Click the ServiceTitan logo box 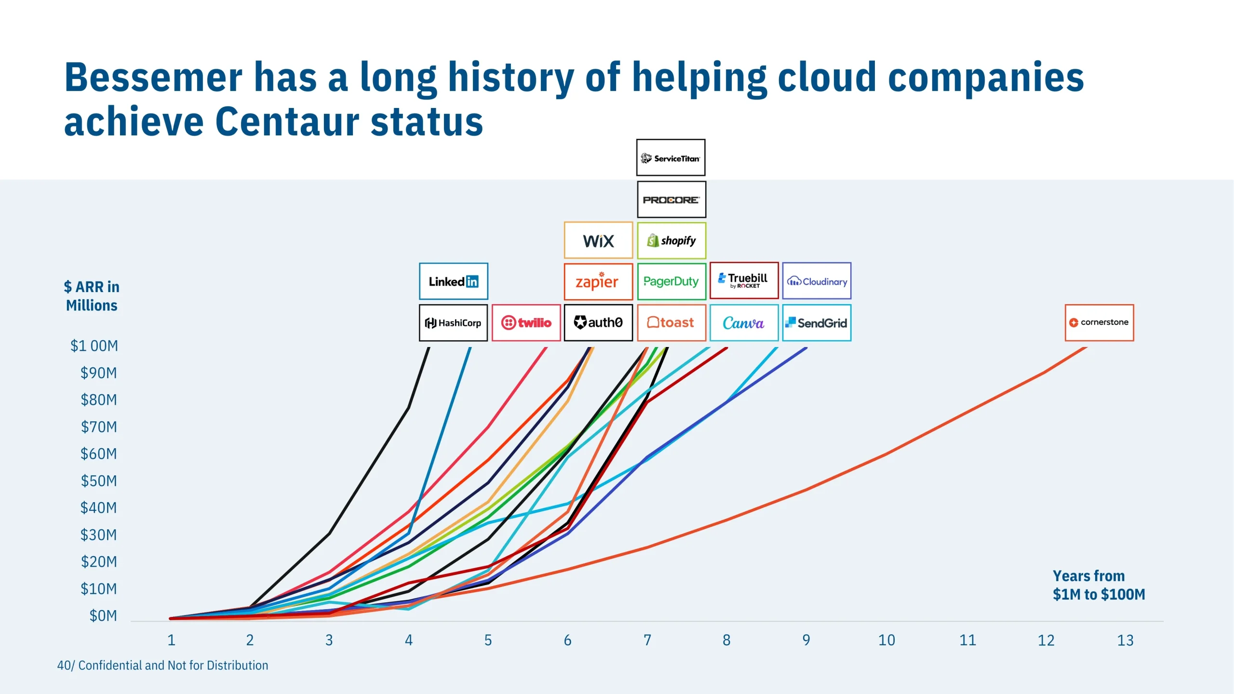[671, 158]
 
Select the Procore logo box [671, 200]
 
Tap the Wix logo [598, 240]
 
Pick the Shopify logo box [671, 240]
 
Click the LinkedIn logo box [453, 281]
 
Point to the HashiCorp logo [453, 323]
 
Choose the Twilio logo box [526, 323]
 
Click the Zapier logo [598, 281]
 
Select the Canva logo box [744, 323]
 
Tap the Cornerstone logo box [1099, 322]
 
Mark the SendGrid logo [817, 323]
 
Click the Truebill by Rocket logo [744, 280]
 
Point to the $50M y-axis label [98, 481]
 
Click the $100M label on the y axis [94, 346]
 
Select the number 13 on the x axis [1125, 641]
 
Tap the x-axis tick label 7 [647, 641]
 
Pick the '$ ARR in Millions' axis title [92, 296]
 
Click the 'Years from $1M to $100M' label [1099, 585]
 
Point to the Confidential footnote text [163, 666]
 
